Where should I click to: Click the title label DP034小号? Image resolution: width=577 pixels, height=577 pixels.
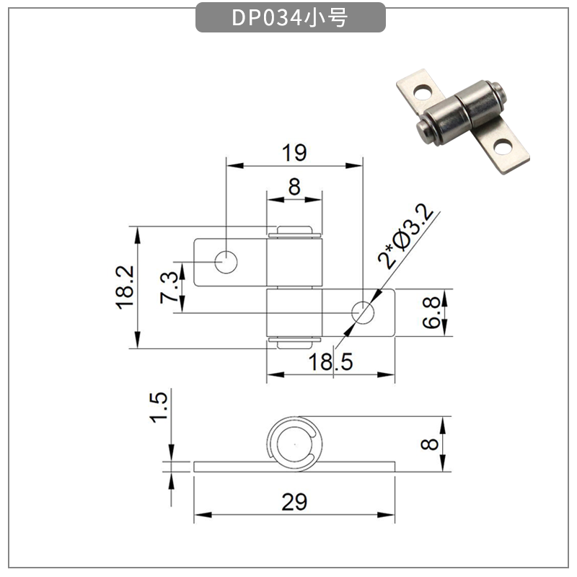[290, 18]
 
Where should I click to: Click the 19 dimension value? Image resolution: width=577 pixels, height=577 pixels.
[294, 153]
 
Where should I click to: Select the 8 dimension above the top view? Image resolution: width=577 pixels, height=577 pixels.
[294, 186]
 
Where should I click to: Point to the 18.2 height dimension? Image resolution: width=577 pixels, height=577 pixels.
[125, 287]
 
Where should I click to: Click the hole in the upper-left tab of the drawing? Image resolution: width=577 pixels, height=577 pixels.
[226, 263]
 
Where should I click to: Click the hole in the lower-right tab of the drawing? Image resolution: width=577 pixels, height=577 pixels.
[362, 312]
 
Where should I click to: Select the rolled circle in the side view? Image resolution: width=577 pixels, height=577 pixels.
[293, 444]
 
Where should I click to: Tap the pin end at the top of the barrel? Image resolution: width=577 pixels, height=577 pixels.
[294, 232]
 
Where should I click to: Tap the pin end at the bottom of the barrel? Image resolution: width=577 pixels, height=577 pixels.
[294, 342]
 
